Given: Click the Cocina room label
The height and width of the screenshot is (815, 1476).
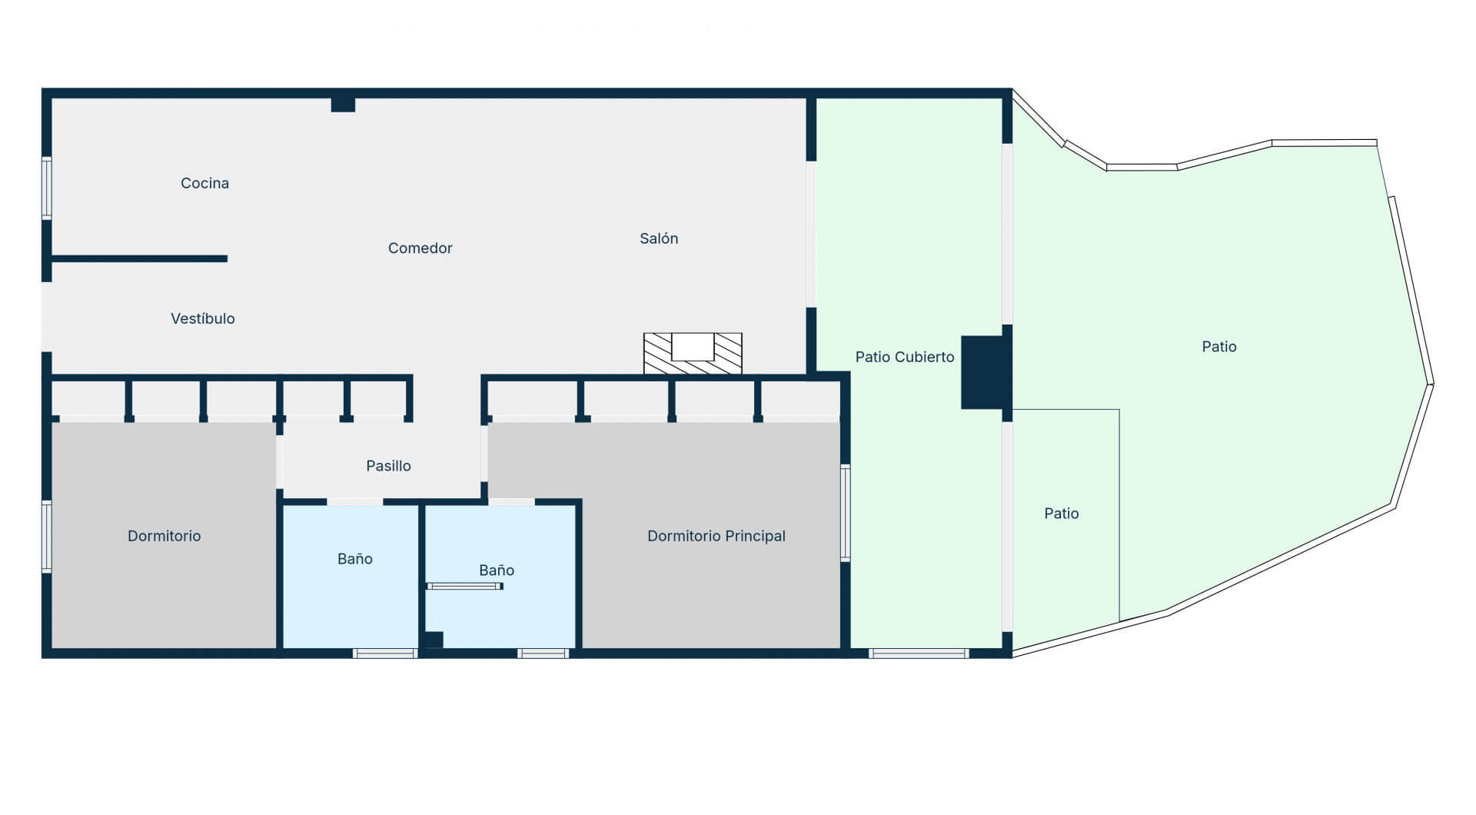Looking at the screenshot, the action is tap(204, 183).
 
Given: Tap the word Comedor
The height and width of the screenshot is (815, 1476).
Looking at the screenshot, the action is tap(420, 248).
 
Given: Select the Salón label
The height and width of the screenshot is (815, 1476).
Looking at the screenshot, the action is tap(659, 238).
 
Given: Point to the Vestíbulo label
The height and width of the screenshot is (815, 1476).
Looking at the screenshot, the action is tap(203, 318).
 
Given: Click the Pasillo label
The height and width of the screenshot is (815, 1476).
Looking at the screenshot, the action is tap(388, 466).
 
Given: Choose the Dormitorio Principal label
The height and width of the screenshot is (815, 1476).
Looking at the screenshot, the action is tap(716, 536).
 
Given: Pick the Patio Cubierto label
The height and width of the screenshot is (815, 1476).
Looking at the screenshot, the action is tap(905, 357).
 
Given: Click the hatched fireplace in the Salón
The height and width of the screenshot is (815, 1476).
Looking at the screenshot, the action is tap(693, 354).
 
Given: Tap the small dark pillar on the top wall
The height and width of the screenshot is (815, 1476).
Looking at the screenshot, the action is tap(343, 105).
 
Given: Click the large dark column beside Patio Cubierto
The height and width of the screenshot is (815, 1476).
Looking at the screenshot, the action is tap(983, 372).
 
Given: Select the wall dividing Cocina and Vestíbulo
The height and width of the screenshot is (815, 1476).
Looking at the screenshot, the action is tap(139, 259).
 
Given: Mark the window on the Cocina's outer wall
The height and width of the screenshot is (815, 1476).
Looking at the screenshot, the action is tap(47, 188).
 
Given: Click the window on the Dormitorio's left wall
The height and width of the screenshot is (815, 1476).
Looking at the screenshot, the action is tap(47, 537).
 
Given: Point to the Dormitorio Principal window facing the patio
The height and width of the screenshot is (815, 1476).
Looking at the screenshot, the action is tap(846, 513).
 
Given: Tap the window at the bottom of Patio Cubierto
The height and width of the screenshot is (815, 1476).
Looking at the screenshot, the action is tap(919, 654).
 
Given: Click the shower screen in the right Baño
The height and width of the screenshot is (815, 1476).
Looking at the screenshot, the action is tap(465, 586).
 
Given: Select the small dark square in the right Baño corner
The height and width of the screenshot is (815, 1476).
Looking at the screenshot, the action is tap(434, 640).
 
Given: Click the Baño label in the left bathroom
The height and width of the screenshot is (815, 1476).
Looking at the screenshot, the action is tap(355, 559).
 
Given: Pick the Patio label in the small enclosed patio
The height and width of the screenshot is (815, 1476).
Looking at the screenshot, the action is tap(1062, 514).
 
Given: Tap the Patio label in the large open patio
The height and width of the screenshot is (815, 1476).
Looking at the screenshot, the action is tap(1219, 347).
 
